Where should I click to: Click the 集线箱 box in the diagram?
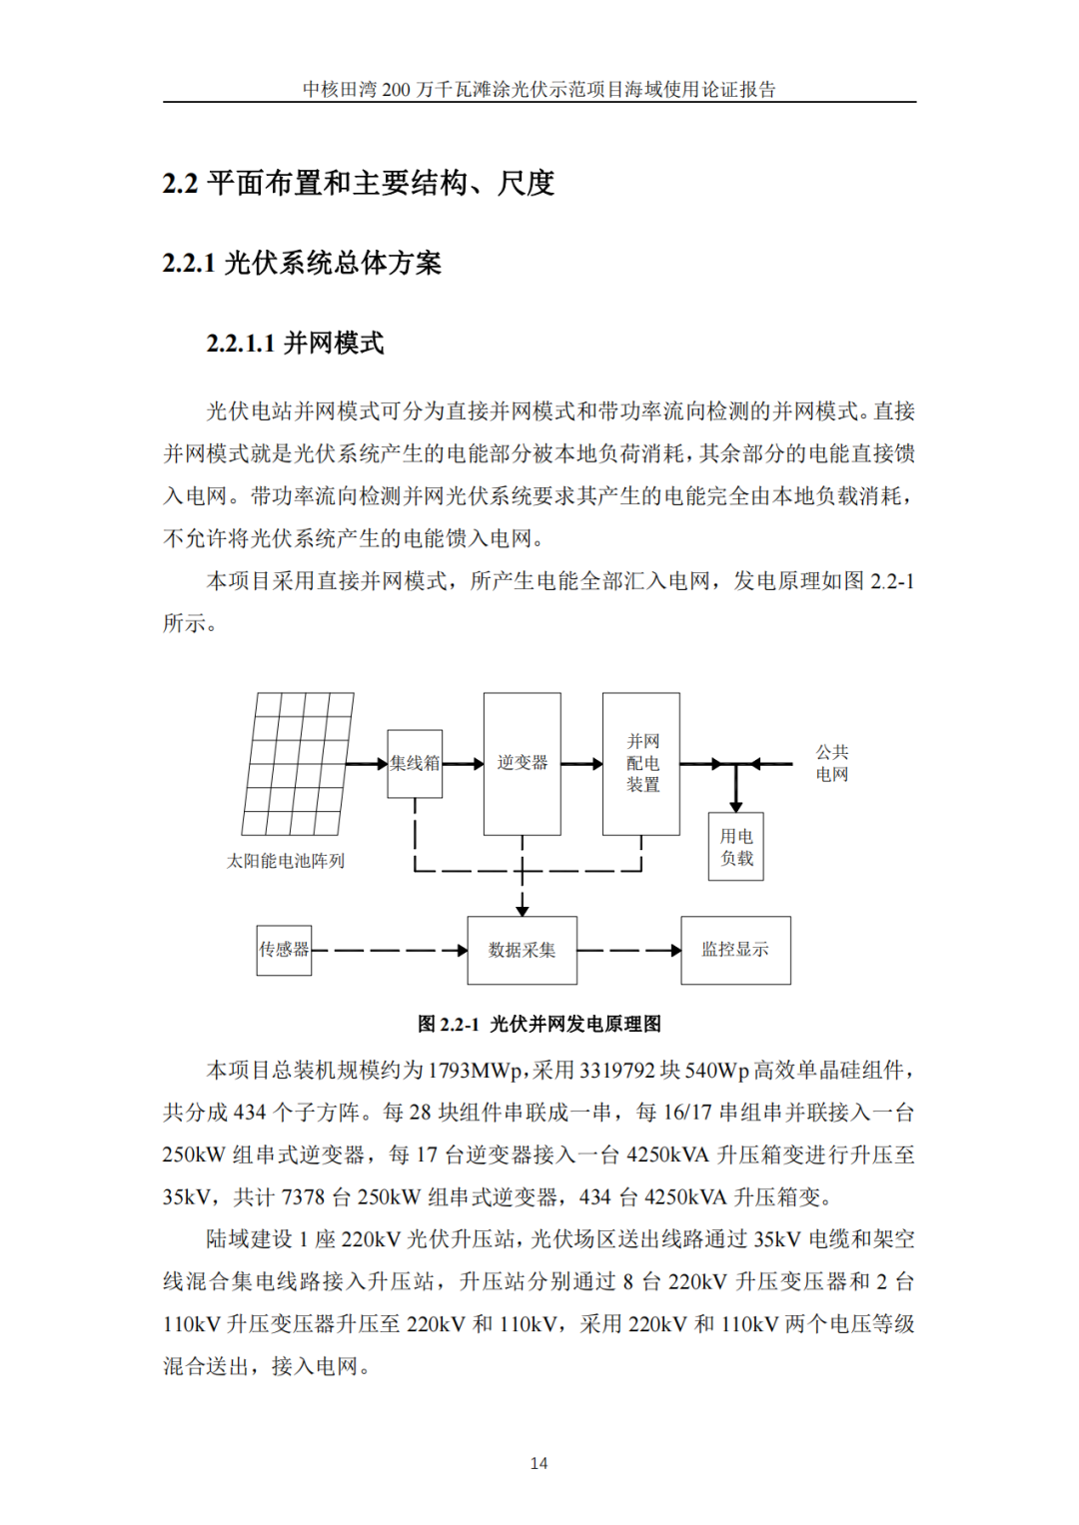point(415,763)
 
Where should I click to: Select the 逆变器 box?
point(522,763)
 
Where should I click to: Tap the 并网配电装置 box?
point(641,763)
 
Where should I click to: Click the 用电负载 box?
point(736,847)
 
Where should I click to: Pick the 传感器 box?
point(284,950)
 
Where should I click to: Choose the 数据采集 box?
point(522,950)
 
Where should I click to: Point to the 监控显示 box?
point(735,950)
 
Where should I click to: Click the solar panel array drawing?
point(298,763)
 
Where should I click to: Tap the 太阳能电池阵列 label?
point(286,861)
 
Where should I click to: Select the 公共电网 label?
point(832,763)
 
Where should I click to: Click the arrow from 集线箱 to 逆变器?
point(463,764)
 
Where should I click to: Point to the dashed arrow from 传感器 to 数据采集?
point(390,950)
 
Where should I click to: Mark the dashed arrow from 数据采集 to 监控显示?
point(629,950)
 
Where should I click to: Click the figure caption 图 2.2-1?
point(539,1024)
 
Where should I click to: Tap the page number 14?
point(539,1463)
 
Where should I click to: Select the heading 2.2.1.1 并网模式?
point(295,344)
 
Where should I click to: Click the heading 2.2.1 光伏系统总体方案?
point(302,264)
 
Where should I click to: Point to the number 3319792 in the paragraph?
point(617,1071)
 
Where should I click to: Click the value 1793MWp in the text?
point(475,1071)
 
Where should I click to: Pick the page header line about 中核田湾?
point(539,90)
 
